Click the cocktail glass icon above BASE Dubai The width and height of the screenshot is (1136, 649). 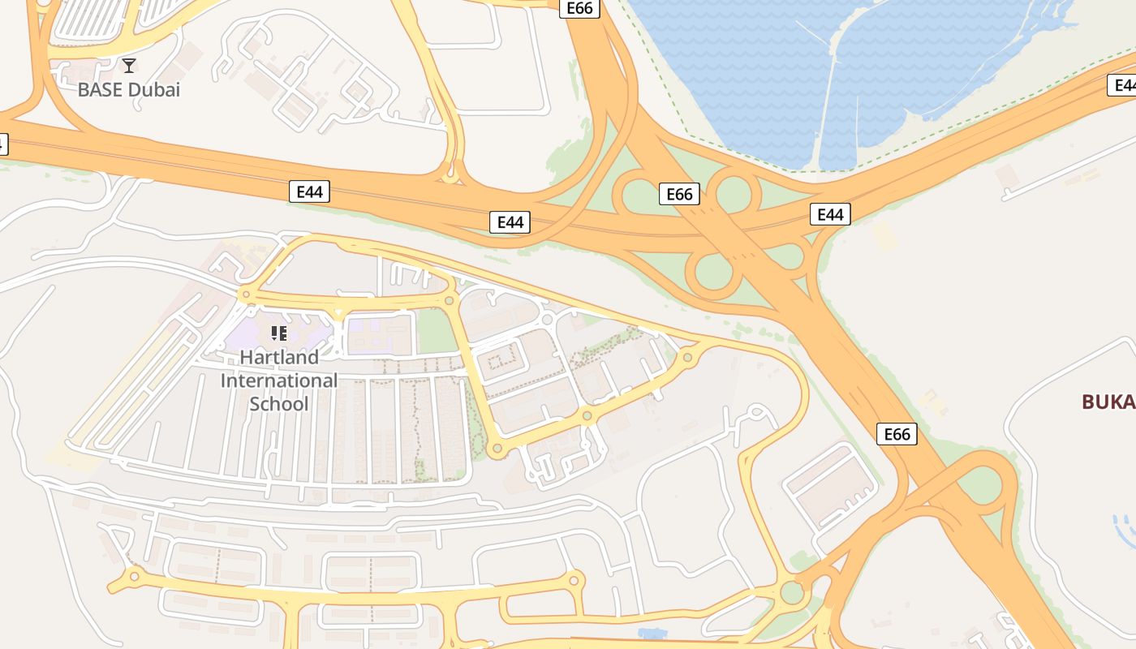(129, 66)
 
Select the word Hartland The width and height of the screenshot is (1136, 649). (279, 357)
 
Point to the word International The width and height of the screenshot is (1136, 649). (279, 380)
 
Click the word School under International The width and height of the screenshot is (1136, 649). (279, 403)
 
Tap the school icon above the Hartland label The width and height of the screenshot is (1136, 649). (279, 333)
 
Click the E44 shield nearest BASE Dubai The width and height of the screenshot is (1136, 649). (309, 192)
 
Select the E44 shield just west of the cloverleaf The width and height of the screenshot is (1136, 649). (510, 222)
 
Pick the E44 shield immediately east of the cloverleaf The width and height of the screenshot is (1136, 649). (830, 214)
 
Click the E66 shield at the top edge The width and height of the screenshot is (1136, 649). (579, 8)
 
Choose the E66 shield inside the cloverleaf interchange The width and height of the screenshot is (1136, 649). (679, 194)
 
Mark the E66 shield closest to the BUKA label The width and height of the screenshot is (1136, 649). (897, 434)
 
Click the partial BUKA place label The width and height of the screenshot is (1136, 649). (1108, 402)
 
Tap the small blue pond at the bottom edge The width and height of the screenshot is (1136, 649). (652, 633)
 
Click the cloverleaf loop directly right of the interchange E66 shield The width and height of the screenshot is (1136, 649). (734, 193)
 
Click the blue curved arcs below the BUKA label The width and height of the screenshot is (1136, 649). (1125, 527)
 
